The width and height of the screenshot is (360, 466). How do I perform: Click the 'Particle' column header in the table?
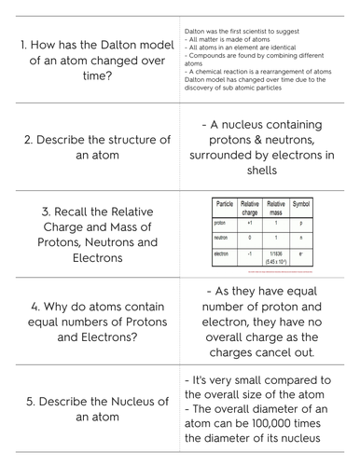pyautogui.click(x=225, y=204)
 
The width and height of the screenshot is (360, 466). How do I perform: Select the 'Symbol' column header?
pyautogui.click(x=301, y=204)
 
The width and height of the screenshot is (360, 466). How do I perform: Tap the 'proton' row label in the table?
pyautogui.click(x=220, y=224)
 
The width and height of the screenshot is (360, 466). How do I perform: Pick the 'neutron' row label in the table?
pyautogui.click(x=221, y=239)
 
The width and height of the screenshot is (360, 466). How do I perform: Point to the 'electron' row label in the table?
pyautogui.click(x=222, y=254)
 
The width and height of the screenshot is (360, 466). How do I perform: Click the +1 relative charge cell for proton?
pyautogui.click(x=250, y=224)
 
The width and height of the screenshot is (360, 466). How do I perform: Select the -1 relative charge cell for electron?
pyautogui.click(x=250, y=254)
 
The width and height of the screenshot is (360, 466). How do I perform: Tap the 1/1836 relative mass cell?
pyautogui.click(x=276, y=254)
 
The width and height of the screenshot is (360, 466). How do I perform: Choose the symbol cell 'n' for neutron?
pyautogui.click(x=301, y=239)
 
